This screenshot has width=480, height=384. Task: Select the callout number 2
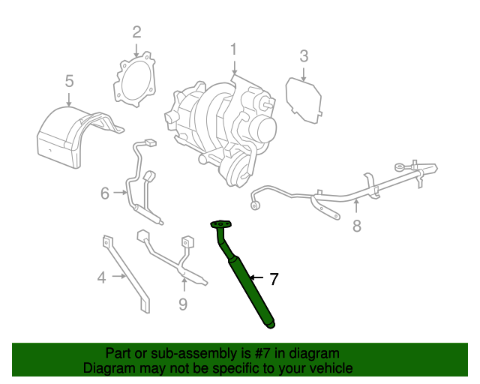136,31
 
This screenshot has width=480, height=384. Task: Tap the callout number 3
304,55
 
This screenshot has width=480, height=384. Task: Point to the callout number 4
102,278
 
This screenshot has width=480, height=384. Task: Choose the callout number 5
69,80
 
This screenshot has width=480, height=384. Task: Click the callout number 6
104,194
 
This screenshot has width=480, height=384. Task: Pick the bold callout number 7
274,280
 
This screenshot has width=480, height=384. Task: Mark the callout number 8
357,225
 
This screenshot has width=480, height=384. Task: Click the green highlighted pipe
251,289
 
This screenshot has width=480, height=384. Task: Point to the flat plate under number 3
304,100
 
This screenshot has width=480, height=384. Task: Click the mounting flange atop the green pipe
222,223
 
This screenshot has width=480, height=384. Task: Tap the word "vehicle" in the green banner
330,368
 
